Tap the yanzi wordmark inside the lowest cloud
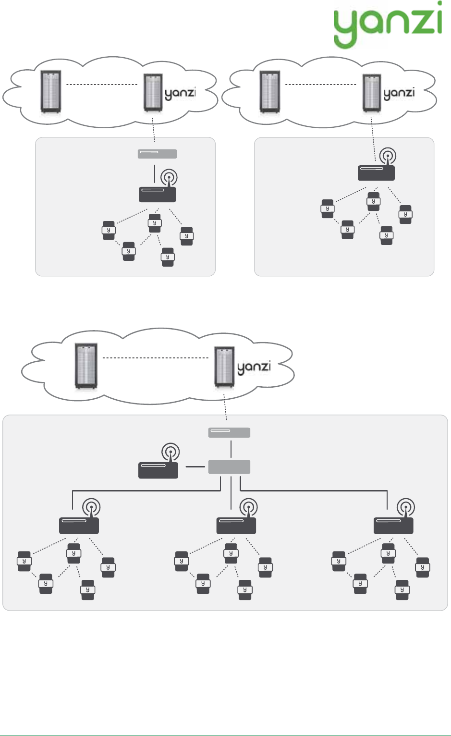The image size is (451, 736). coord(254,368)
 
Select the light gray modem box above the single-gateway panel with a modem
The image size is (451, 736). coord(158,154)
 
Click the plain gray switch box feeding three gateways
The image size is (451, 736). coord(229,466)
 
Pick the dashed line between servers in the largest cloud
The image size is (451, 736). coord(155,358)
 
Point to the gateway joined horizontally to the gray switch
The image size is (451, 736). coord(158,470)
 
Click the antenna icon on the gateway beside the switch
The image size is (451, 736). coord(171,452)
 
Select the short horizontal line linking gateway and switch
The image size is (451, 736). coord(195,466)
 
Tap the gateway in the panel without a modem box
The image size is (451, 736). coord(376,173)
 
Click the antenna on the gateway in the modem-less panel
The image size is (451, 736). coord(388,156)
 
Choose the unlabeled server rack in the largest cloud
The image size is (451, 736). coord(86,366)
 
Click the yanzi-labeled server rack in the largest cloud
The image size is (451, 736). coord(224,367)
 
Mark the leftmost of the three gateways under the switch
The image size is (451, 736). coord(79,526)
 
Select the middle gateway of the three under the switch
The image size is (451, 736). coord(236,526)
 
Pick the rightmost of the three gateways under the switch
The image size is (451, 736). coord(393,526)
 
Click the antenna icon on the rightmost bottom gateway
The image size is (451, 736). coord(406,507)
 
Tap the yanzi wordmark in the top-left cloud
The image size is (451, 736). coord(180,93)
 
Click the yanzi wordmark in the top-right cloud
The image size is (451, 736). coord(399,93)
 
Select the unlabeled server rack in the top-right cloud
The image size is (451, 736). coord(269,92)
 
